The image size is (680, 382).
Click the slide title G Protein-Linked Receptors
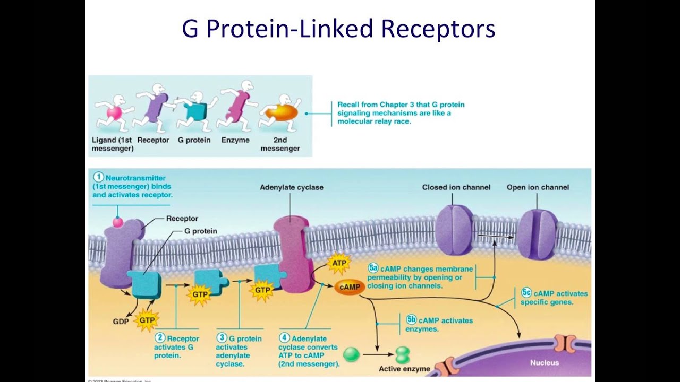(338, 29)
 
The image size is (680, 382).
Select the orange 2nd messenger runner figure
(281, 112)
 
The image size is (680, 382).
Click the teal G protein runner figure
(195, 110)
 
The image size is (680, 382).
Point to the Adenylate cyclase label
(291, 187)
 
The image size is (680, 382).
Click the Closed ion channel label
(456, 187)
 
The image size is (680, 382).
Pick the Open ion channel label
(538, 187)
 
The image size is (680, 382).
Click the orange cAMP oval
(349, 287)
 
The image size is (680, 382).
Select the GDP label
(121, 322)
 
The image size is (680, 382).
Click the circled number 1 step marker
(98, 178)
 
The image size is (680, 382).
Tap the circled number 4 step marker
(284, 338)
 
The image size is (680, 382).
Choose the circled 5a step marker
(373, 268)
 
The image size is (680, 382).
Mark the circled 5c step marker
(526, 293)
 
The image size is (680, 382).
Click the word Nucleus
(545, 363)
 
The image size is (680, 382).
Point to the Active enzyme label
(404, 369)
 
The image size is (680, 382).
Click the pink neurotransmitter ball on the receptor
(118, 222)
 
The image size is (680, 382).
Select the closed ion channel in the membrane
(454, 230)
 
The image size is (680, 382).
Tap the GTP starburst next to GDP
(147, 320)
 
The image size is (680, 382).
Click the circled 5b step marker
(411, 319)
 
